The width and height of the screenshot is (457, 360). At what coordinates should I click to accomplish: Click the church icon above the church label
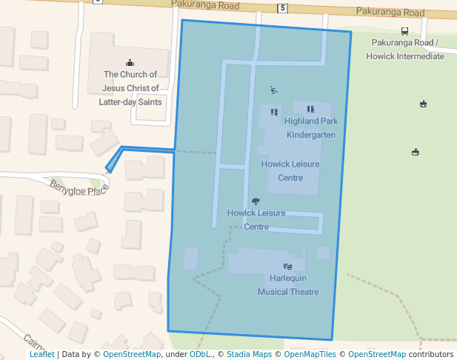pos(130,62)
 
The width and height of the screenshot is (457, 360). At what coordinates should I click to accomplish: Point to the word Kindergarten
pos(311,135)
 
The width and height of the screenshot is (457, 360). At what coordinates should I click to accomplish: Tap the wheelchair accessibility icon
pos(274,90)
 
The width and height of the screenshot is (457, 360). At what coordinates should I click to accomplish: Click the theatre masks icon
pos(288,266)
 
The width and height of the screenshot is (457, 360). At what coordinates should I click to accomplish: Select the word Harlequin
pos(288,278)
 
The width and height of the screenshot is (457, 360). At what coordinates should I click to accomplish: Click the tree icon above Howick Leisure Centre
pos(256,201)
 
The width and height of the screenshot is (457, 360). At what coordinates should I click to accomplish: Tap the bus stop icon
pos(404,31)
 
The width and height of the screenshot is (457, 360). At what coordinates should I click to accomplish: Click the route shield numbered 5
pos(282,8)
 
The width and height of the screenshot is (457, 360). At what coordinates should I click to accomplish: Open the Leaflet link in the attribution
pos(42,354)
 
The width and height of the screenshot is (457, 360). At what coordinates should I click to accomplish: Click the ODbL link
pos(200,354)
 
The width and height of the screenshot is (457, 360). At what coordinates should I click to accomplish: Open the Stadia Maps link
pos(249,354)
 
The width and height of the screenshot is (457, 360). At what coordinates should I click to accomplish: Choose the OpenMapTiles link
pos(310,354)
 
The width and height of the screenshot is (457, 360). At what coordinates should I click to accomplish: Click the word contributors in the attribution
pos(431,354)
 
